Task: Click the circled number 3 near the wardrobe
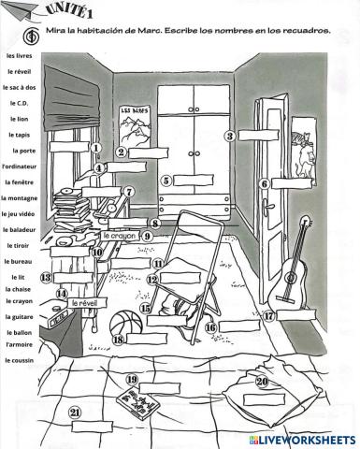click(229, 136)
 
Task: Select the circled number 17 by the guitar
click(268, 316)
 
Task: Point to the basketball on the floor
click(126, 326)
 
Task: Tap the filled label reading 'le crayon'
click(119, 237)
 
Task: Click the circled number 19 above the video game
click(132, 379)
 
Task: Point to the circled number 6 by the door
click(265, 184)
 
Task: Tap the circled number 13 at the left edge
click(46, 277)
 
